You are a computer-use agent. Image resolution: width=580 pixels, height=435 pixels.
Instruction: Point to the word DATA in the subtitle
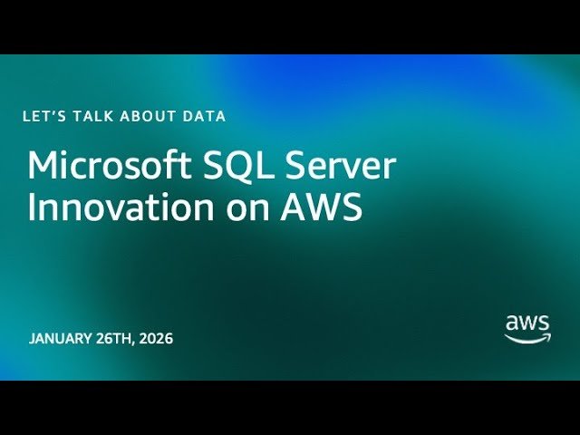203,116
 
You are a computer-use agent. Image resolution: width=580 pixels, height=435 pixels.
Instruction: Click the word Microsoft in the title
96,167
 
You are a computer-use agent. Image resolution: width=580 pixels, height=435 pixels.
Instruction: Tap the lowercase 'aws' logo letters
527,323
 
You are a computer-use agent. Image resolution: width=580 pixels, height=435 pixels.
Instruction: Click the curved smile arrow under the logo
527,338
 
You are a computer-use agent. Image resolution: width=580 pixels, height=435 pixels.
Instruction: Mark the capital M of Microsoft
43,167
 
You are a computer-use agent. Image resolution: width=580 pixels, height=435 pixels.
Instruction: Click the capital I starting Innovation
33,208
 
